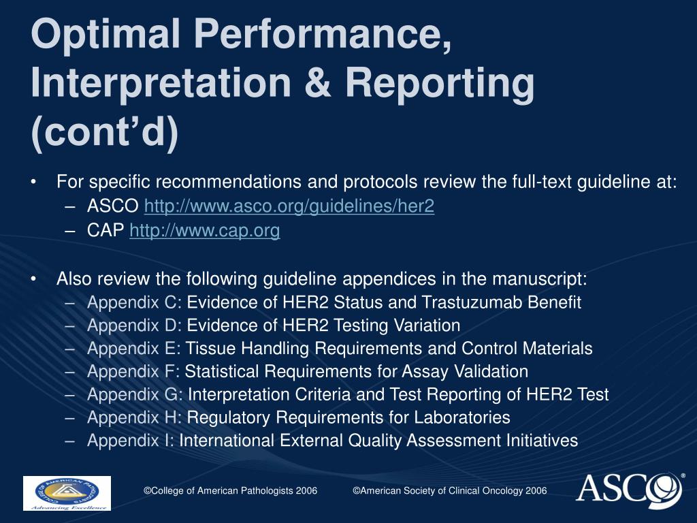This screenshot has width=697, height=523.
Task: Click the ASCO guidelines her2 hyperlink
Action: [x=289, y=207]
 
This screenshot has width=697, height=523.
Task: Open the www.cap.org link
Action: [x=204, y=231]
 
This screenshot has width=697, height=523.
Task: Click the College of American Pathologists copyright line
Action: [x=230, y=491]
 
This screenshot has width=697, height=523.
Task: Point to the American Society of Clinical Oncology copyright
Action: [x=449, y=491]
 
